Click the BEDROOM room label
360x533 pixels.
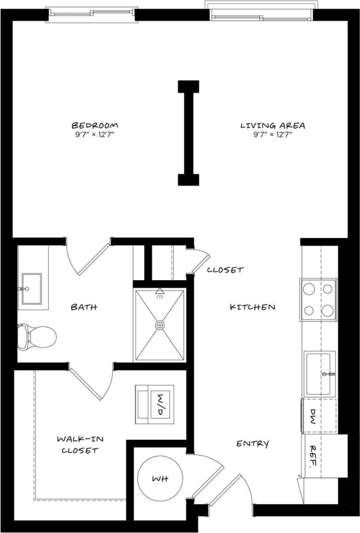pyautogui.click(x=95, y=125)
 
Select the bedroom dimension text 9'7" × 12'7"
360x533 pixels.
pyautogui.click(x=95, y=135)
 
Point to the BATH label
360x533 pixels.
pyautogui.click(x=84, y=307)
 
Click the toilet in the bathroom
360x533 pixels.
pyautogui.click(x=36, y=336)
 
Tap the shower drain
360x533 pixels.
pyautogui.click(x=159, y=325)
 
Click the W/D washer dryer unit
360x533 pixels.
pyautogui.click(x=155, y=404)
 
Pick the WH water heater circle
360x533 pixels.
pyautogui.click(x=160, y=479)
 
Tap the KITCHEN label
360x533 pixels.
pyautogui.click(x=252, y=307)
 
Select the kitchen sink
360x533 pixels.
pyautogui.click(x=320, y=373)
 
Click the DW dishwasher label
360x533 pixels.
pyautogui.click(x=313, y=415)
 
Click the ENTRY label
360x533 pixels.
pyautogui.click(x=252, y=444)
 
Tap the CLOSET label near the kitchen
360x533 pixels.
pyautogui.click(x=225, y=270)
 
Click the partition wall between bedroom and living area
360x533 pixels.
pyautogui.click(x=189, y=133)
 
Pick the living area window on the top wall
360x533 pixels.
pyautogui.click(x=261, y=11)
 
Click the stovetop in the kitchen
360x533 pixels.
pyautogui.click(x=319, y=300)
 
